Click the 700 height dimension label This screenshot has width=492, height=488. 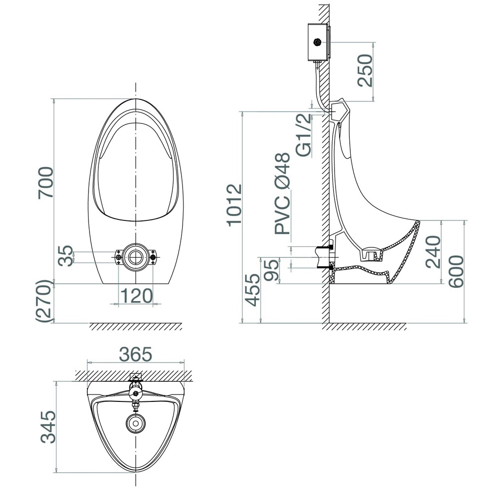click(x=45, y=183)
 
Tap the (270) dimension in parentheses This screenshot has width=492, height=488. click(x=43, y=301)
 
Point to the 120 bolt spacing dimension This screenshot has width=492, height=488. click(x=136, y=296)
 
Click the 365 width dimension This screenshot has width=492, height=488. click(x=136, y=354)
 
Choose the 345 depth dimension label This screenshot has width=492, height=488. click(x=49, y=427)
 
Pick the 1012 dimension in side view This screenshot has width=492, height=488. click(x=235, y=205)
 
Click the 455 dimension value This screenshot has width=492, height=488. click(x=252, y=290)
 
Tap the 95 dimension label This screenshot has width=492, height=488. click(x=272, y=269)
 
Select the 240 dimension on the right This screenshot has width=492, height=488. click(x=433, y=252)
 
